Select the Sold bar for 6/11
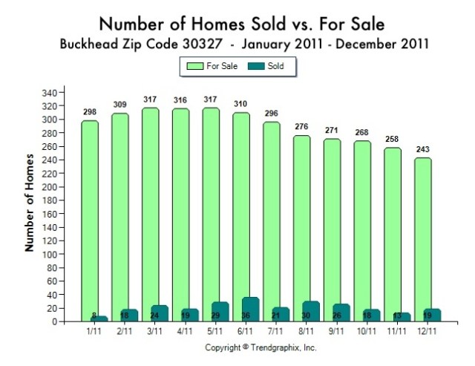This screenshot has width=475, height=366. coord(251,310)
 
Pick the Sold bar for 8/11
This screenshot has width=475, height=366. coord(311,312)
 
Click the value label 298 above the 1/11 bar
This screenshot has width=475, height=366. coord(91,111)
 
